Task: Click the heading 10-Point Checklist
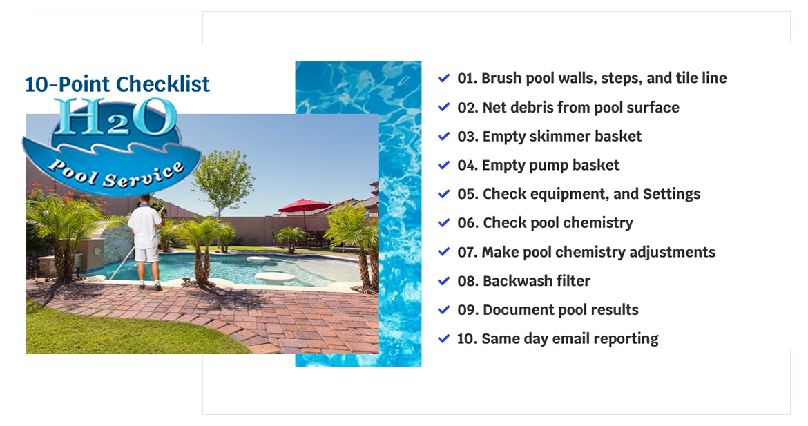click(117, 84)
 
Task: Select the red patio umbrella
click(305, 206)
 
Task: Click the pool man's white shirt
click(144, 226)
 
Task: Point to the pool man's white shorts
click(146, 255)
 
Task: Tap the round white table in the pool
click(275, 278)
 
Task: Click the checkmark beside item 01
click(443, 78)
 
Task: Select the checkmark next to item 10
click(443, 339)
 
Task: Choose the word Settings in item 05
click(671, 195)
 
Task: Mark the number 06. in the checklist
click(468, 223)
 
